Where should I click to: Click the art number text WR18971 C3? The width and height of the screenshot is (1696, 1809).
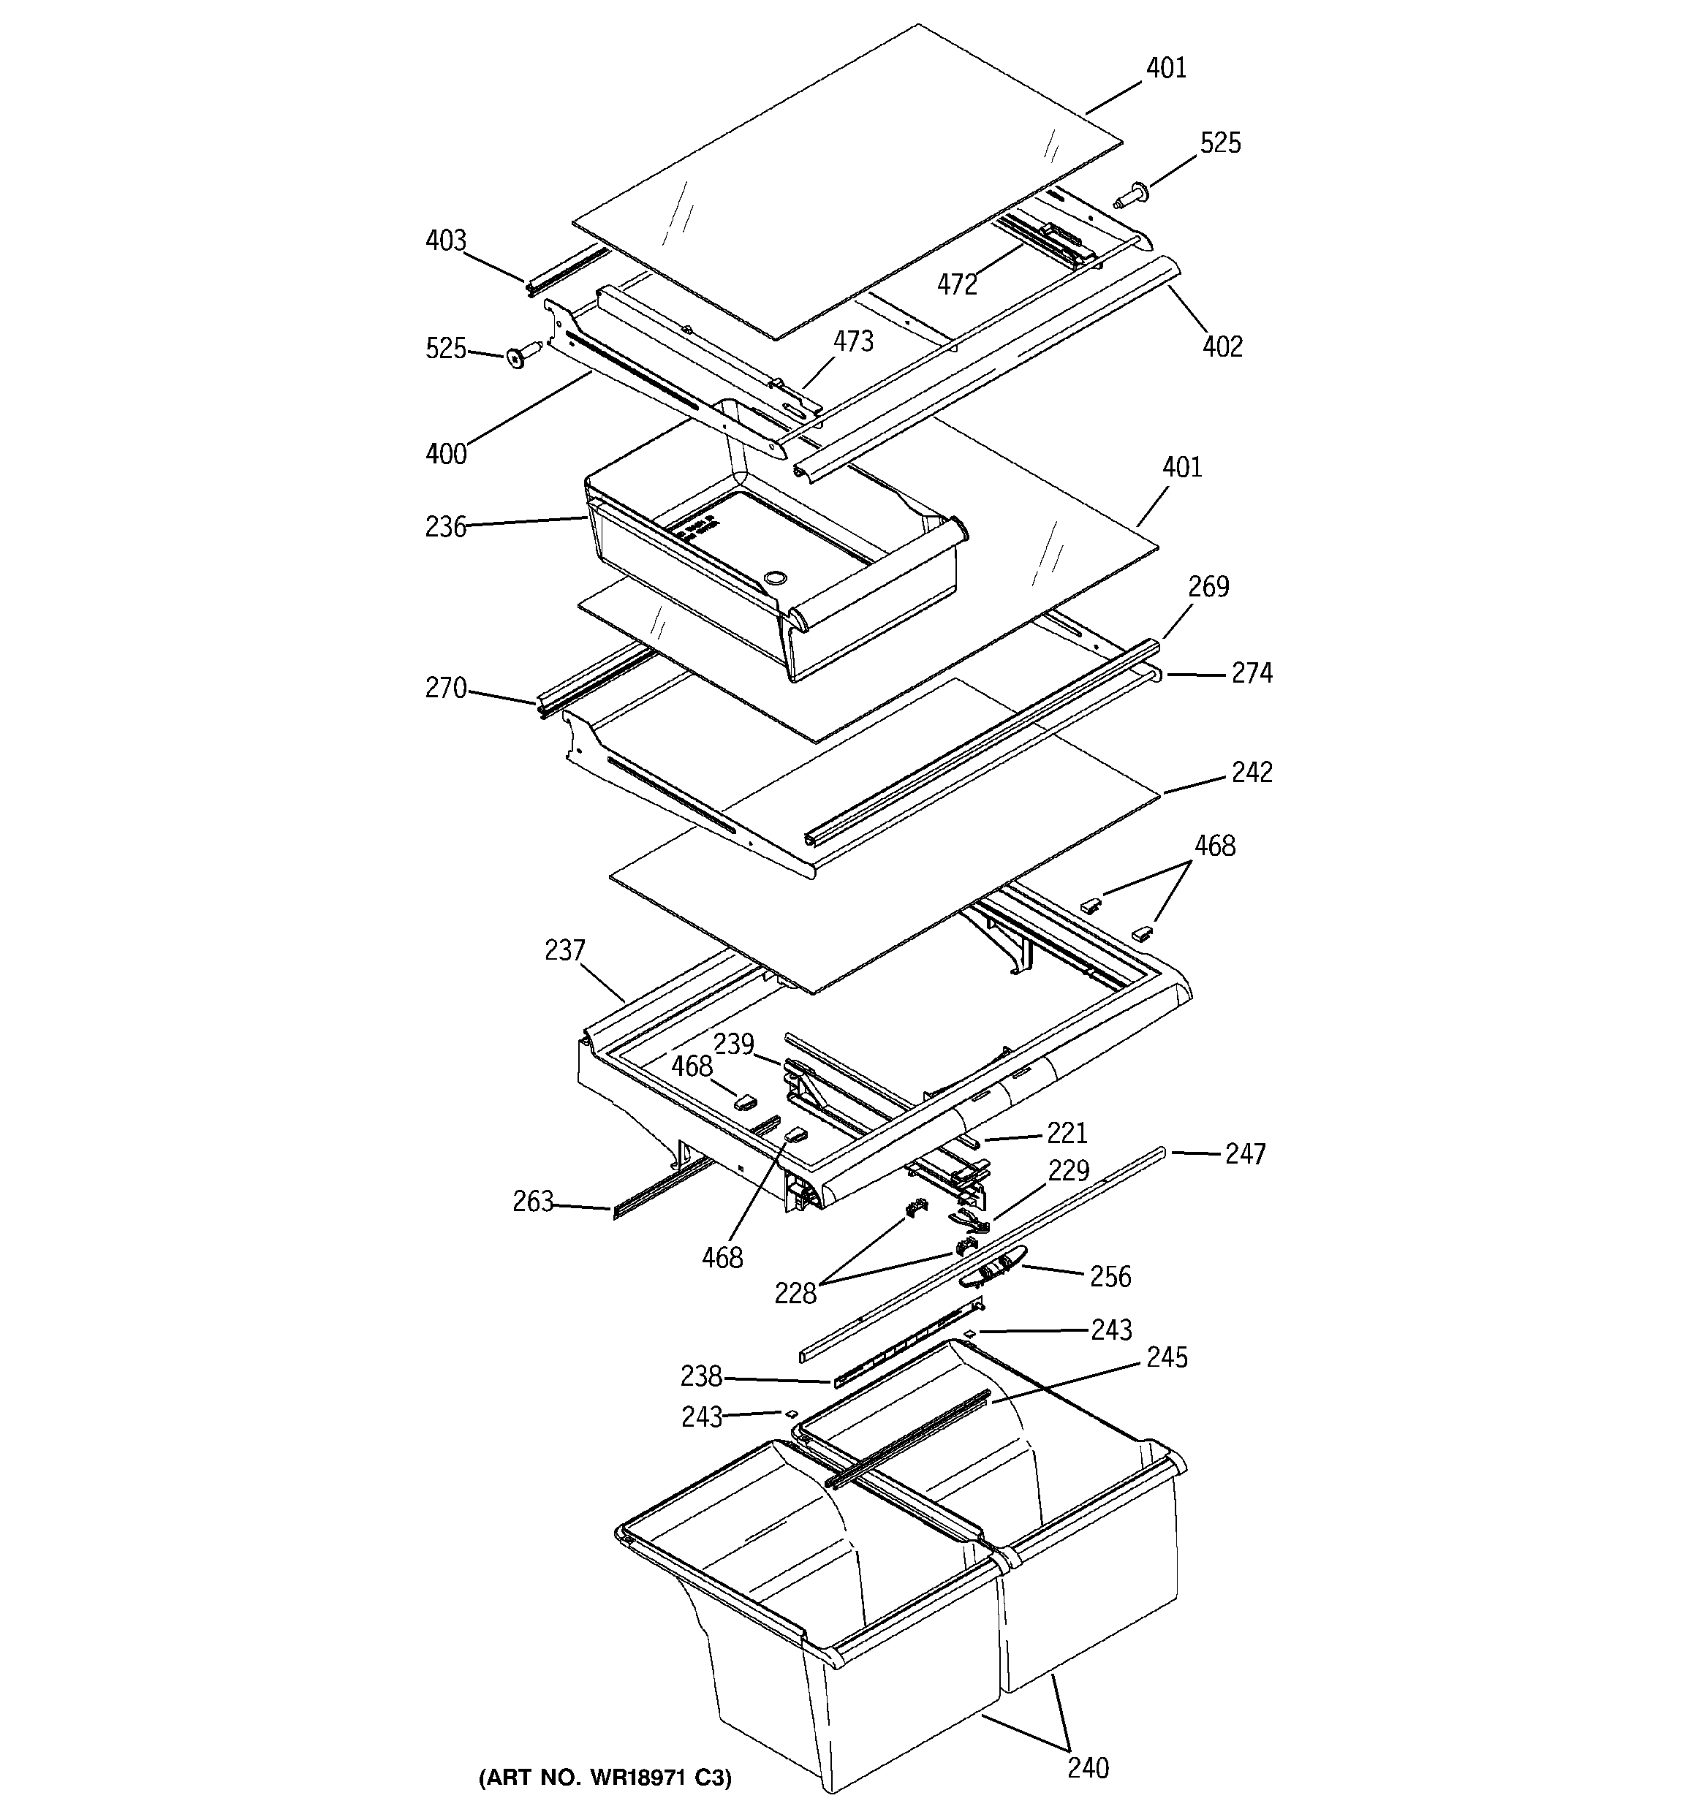[605, 1776]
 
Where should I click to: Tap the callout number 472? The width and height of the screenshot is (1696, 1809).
[957, 285]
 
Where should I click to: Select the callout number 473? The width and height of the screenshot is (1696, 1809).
[853, 341]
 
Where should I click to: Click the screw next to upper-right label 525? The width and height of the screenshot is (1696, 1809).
[1132, 194]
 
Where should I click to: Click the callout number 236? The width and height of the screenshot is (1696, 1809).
[445, 527]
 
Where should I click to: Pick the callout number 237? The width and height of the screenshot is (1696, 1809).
[564, 951]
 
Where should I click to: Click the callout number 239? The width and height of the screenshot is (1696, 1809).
[734, 1044]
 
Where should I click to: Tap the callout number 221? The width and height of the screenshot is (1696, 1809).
[1067, 1133]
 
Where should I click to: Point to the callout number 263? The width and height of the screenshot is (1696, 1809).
[533, 1202]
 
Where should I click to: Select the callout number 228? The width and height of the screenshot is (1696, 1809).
[795, 1293]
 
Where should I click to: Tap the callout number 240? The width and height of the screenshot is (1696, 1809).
[1088, 1768]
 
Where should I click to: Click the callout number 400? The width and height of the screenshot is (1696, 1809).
[445, 453]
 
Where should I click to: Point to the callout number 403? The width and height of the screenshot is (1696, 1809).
[445, 241]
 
